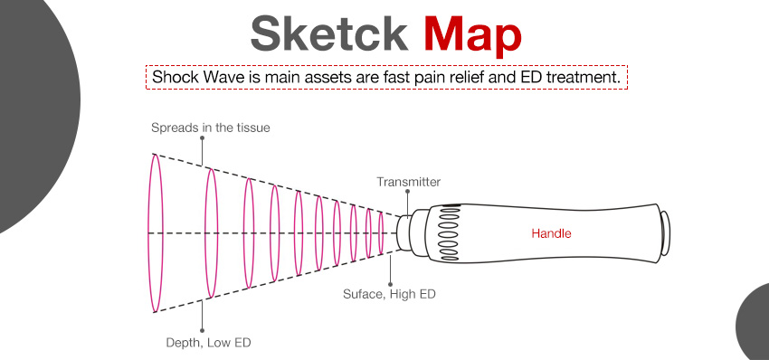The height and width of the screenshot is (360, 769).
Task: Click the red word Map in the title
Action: (x=472, y=34)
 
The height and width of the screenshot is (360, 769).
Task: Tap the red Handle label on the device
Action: (x=551, y=233)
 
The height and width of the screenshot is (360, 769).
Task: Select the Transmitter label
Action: (x=408, y=183)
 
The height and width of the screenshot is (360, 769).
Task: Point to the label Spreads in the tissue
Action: (x=210, y=128)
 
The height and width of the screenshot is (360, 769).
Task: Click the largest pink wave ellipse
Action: (x=156, y=232)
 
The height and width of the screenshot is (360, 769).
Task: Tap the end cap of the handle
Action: (x=665, y=233)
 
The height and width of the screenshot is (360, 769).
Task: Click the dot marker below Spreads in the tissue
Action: (x=202, y=140)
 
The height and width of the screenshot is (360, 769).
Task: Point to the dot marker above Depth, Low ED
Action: (x=202, y=329)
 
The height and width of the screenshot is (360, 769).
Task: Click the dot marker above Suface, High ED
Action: (x=390, y=280)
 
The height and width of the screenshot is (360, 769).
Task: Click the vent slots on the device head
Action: (x=447, y=232)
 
